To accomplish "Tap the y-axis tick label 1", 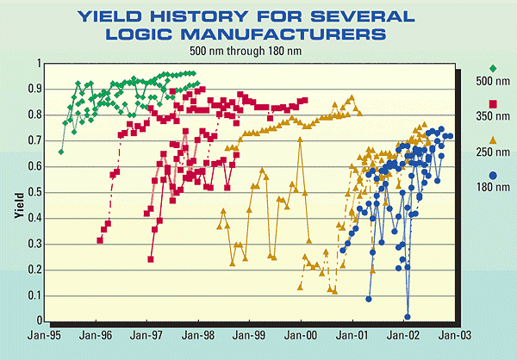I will pyautogui.click(x=40, y=64).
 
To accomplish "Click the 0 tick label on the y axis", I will pyautogui.click(x=40, y=321).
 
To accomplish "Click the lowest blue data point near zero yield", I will pyautogui.click(x=407, y=317).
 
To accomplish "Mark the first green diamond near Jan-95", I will pyautogui.click(x=60, y=152).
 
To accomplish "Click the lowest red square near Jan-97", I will pyautogui.click(x=151, y=259).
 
